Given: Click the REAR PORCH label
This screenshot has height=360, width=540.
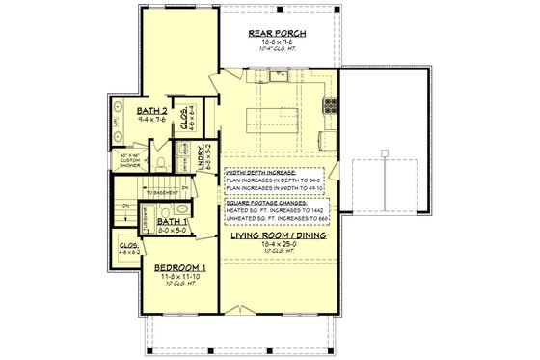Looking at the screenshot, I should click(277, 34).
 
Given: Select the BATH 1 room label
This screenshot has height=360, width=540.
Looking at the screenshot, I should click(173, 221).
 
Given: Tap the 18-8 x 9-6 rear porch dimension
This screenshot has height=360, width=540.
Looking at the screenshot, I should click(277, 43).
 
